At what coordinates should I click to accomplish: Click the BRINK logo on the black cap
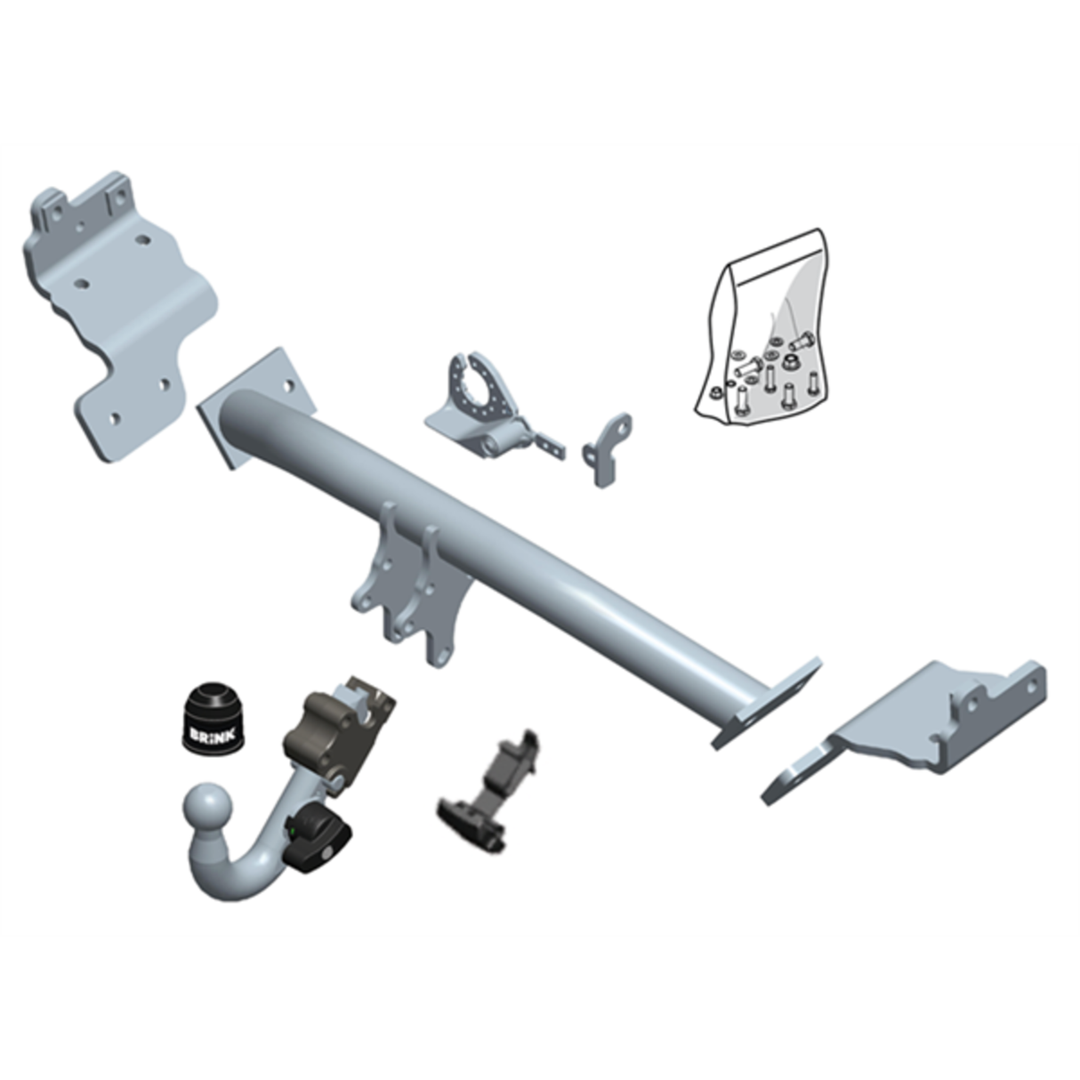[x=210, y=735]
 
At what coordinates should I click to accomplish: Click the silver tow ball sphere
[x=208, y=809]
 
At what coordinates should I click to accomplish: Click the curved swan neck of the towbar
[x=258, y=854]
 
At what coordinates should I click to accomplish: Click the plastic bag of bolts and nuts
[x=765, y=338]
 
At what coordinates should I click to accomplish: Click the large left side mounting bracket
[x=120, y=311]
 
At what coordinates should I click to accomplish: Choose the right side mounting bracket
[x=934, y=725]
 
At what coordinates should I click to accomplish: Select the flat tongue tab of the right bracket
[x=801, y=774]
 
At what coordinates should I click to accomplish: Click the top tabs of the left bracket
[x=85, y=200]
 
